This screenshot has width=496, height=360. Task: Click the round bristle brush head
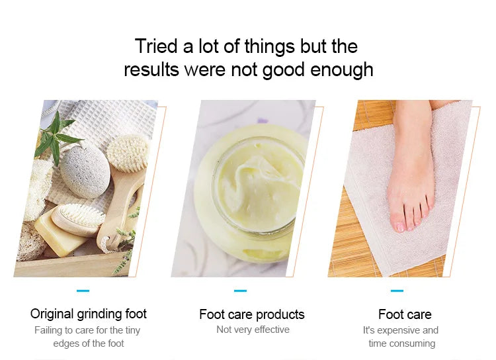point(128,153)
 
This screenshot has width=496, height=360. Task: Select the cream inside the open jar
point(258,187)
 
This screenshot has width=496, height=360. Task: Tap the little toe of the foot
point(431,202)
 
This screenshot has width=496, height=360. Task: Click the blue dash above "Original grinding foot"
point(83,291)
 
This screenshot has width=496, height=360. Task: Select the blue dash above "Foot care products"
point(241,291)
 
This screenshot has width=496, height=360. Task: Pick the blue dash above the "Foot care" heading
point(397,291)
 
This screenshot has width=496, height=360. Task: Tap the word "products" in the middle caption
point(280,315)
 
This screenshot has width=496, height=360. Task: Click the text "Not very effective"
point(253,330)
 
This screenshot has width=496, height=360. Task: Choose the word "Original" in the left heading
point(52,314)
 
